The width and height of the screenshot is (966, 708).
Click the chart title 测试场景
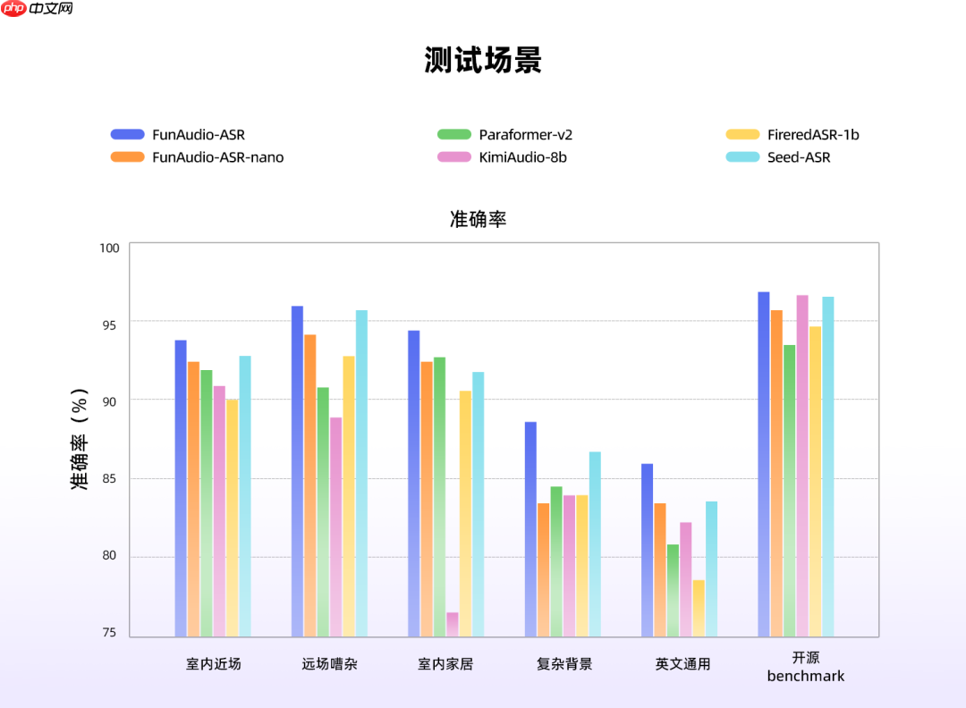click(x=483, y=61)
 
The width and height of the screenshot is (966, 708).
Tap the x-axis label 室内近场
click(x=214, y=664)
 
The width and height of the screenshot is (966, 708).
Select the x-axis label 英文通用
click(x=682, y=664)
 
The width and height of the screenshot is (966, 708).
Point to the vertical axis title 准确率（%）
click(x=80, y=439)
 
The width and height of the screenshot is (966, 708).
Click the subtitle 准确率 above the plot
click(x=478, y=219)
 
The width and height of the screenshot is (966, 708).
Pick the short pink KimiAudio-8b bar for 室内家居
click(x=453, y=624)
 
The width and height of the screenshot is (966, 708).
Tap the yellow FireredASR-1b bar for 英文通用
click(x=699, y=608)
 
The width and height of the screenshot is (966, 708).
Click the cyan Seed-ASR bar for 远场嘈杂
click(x=361, y=474)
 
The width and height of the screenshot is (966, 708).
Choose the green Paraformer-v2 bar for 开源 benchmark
click(x=790, y=491)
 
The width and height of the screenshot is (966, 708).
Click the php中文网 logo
click(x=38, y=9)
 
